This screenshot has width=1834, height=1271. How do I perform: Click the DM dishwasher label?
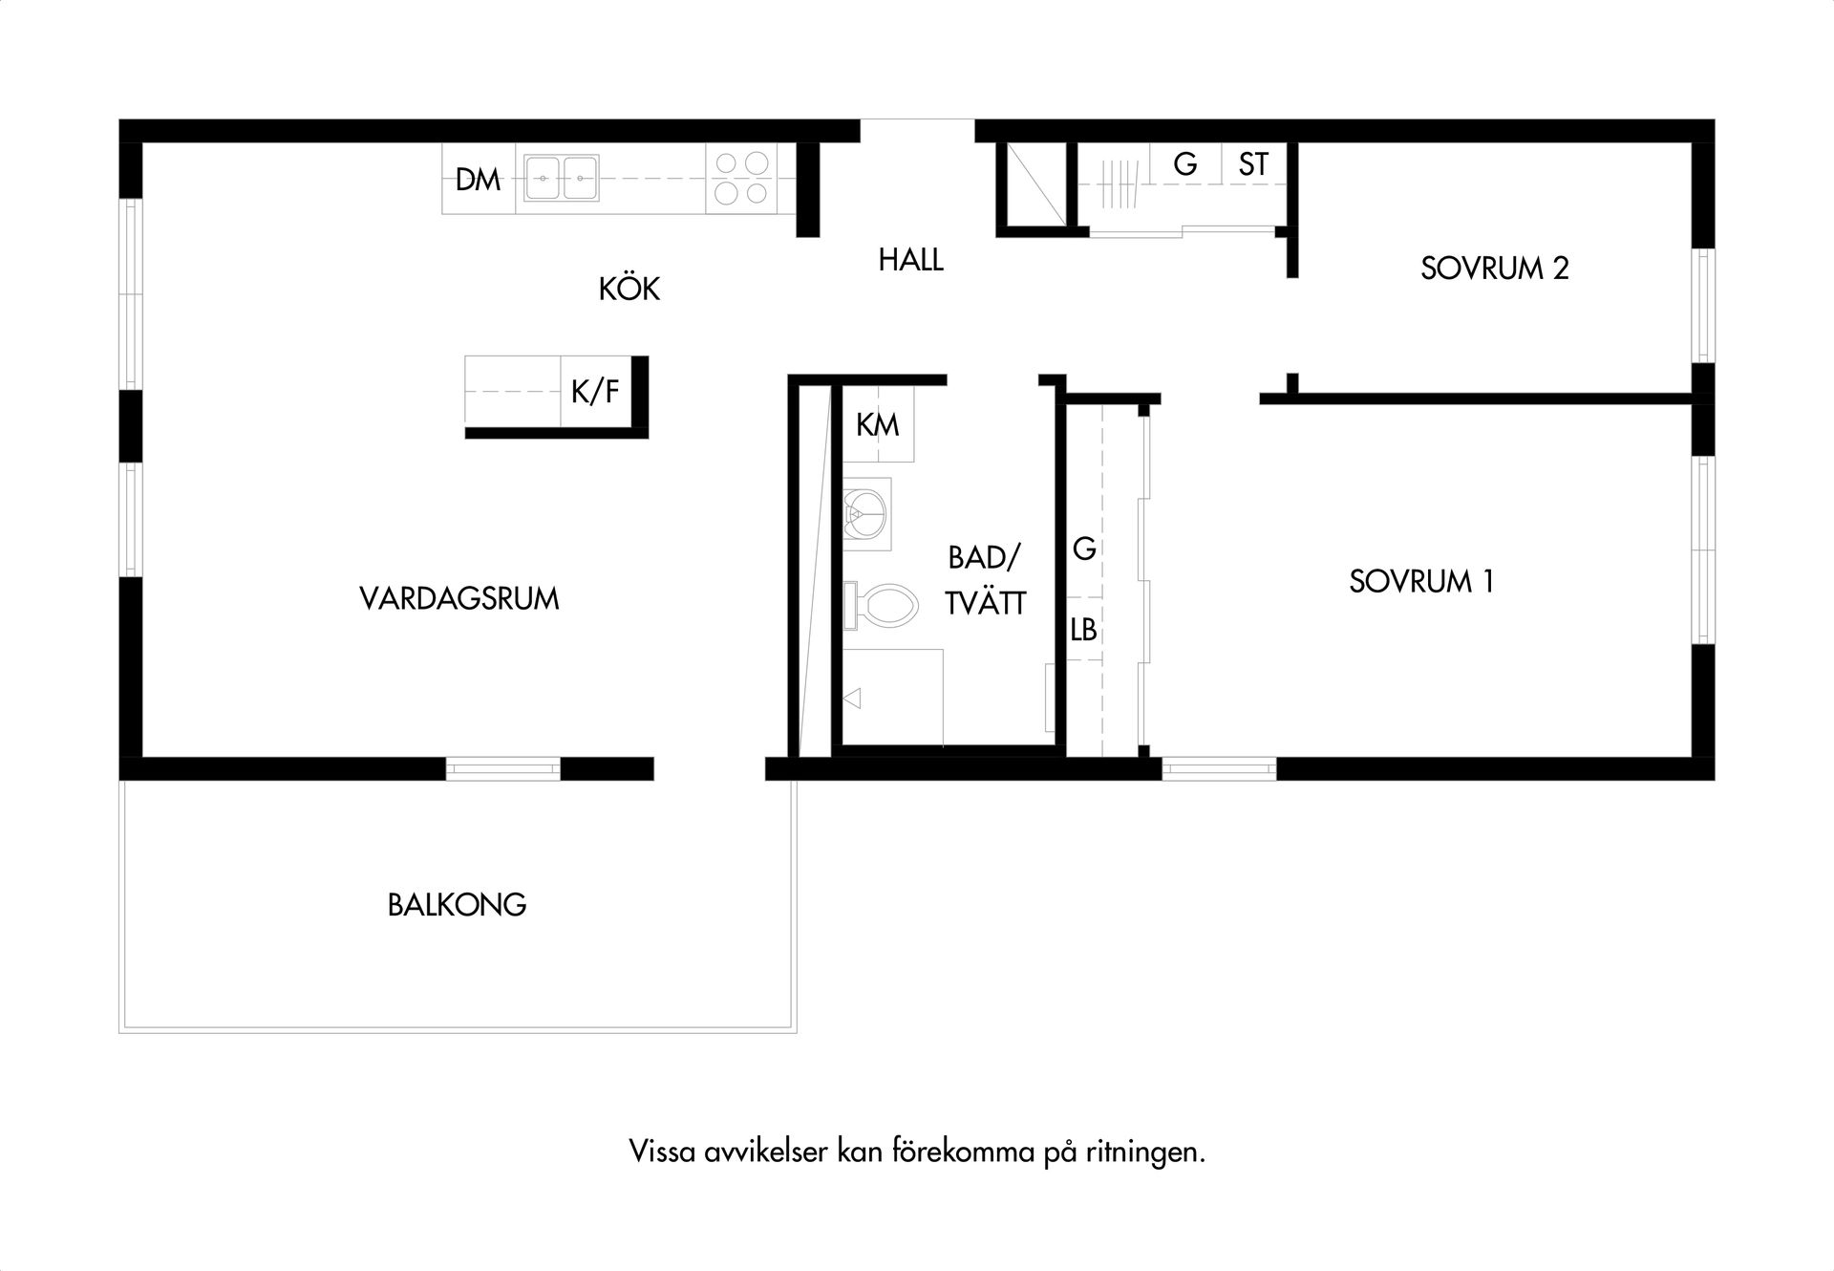[478, 180]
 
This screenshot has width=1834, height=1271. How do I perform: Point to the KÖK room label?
[629, 289]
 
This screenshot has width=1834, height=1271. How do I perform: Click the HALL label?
[910, 260]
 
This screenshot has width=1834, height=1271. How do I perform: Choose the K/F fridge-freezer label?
[595, 391]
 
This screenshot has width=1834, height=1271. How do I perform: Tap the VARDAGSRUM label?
[459, 599]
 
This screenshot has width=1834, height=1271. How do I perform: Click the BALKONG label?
[458, 905]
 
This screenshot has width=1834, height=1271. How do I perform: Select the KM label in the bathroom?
[877, 424]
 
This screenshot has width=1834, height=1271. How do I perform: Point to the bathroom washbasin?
[867, 514]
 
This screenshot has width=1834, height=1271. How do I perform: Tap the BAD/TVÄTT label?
[985, 580]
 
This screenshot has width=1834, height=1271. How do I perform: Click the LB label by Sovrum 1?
[1083, 631]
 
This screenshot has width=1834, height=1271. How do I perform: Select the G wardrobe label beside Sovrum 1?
[1084, 549]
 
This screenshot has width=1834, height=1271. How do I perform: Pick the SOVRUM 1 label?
[1421, 581]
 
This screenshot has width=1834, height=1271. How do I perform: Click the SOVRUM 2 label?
[1494, 269]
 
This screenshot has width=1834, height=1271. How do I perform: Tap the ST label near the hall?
[1253, 165]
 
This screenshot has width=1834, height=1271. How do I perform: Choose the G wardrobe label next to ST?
[1184, 165]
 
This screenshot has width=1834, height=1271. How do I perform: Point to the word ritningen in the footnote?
[1145, 1153]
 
